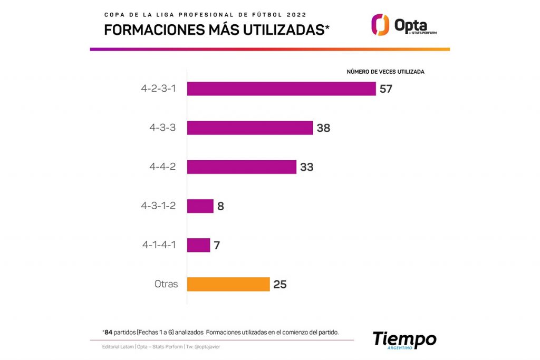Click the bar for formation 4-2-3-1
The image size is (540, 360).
coord(281,89)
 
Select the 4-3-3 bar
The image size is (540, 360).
coord(250,128)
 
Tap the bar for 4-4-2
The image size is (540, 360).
coord(242,167)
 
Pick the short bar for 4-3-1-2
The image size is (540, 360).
coord(200,206)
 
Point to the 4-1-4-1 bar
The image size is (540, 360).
coord(199,245)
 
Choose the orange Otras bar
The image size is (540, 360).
coord(228,284)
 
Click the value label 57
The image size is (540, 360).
coord(386,89)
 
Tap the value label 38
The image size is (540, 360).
coord(323,128)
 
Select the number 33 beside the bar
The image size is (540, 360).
coord(307,167)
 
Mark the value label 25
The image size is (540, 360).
coord(280,285)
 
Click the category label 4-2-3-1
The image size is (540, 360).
coord(158,89)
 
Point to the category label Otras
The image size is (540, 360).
coord(166,284)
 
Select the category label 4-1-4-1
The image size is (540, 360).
coord(159,245)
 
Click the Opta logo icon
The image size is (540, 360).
coord(380,25)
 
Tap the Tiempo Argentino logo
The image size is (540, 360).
coord(404,340)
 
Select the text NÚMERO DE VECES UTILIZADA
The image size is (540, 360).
coord(385,72)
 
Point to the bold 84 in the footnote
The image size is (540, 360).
coord(109,332)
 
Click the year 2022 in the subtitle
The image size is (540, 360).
coord(295,14)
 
